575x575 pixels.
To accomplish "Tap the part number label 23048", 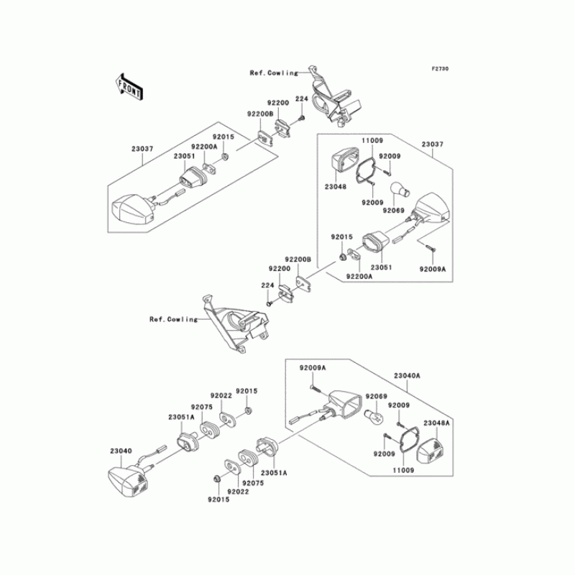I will click(336, 185).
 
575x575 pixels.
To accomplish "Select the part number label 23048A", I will click(436, 423).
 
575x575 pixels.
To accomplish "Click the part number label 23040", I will click(121, 451).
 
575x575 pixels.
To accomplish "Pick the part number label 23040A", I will click(407, 376).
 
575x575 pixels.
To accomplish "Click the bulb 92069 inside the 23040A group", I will click(373, 417).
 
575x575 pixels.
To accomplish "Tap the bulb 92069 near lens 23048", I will click(400, 190).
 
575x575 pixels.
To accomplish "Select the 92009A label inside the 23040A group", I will click(313, 367).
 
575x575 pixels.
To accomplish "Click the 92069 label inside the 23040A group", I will click(376, 396).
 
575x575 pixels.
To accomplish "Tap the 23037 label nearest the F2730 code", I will click(432, 144).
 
